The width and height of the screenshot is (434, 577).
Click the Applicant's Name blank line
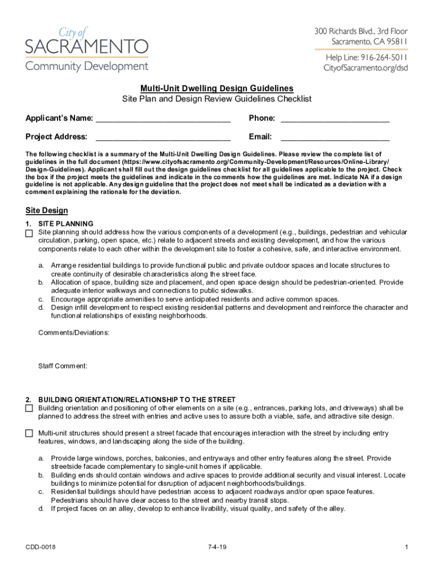point(163,119)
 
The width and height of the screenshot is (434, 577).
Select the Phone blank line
point(335,119)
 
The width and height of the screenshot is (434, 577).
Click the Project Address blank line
point(163,137)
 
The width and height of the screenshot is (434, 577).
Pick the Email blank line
point(335,137)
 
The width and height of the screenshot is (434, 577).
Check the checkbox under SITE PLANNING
point(29,233)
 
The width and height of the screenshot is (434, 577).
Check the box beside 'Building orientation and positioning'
point(29,408)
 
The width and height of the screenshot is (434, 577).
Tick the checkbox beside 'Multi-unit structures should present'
point(29,433)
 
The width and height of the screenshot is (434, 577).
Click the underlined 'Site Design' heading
point(47,211)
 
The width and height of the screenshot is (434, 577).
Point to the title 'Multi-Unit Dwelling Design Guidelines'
point(217,88)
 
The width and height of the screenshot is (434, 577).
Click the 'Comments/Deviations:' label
point(74,332)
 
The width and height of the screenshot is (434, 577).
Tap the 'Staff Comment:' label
point(63,366)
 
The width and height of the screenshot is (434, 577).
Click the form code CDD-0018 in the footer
point(40,547)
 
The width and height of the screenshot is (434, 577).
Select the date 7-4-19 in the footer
point(217,547)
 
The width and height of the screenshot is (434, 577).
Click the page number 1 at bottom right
point(406,547)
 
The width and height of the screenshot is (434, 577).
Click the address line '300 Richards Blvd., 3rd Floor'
point(361,31)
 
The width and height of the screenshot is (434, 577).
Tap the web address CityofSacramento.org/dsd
point(365,68)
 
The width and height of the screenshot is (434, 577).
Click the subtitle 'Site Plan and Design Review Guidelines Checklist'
point(217,99)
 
